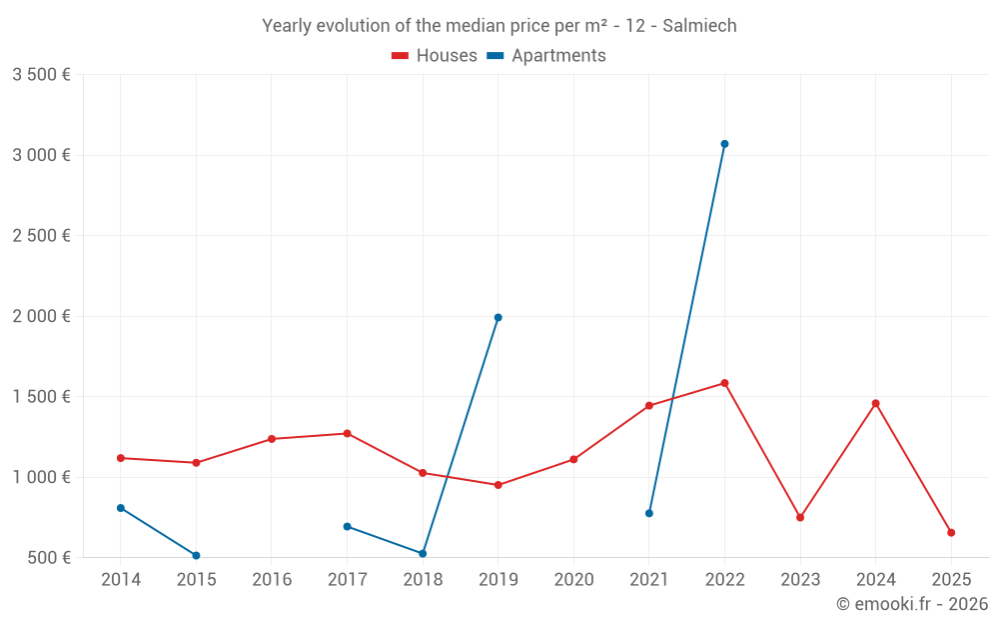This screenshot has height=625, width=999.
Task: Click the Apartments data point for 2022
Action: point(724,144)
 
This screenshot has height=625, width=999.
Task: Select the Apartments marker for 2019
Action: point(498,318)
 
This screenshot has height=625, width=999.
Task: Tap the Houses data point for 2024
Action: point(875,404)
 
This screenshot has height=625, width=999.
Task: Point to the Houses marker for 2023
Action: point(800,518)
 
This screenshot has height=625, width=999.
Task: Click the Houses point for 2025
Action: point(951,533)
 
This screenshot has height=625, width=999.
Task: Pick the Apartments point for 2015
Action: point(196,556)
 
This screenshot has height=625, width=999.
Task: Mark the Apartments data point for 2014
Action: point(121,508)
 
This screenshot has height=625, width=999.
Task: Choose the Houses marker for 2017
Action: point(347,434)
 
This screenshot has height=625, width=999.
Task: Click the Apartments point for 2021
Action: point(649,513)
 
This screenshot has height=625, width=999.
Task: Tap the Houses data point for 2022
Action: point(724,383)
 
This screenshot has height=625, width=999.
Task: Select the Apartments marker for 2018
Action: point(423,554)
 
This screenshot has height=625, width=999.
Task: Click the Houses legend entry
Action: point(435,56)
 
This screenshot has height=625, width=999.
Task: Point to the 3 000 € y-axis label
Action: point(41,155)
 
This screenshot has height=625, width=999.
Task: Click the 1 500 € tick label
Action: point(41,397)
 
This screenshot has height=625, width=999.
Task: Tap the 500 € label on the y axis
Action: point(48,558)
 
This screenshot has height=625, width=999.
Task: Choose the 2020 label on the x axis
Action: point(573,580)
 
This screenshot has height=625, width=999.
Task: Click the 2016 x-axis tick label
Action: point(272,580)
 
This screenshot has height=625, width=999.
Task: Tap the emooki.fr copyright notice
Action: point(911,604)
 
